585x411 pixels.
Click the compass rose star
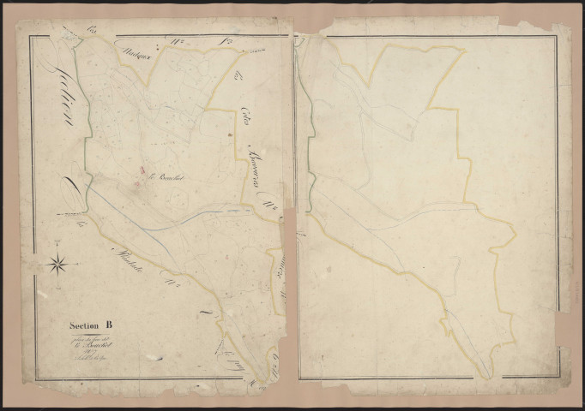pyautogui.click(x=57, y=262)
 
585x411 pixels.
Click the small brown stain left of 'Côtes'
pyautogui.click(x=229, y=135)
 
